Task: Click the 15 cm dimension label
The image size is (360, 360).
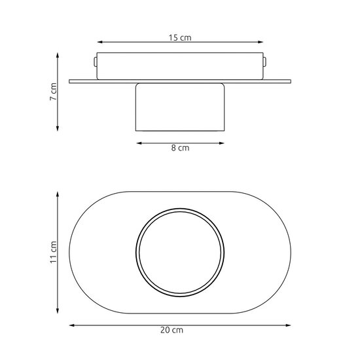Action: point(180,39)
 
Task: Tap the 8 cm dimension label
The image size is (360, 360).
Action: point(180,149)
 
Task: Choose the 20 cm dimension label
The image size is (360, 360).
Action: point(180,332)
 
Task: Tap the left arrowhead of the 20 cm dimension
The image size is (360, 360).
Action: point(71,324)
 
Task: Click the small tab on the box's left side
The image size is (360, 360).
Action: point(96,63)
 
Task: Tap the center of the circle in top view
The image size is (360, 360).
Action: point(180,251)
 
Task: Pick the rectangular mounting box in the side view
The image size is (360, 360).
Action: point(180,65)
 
